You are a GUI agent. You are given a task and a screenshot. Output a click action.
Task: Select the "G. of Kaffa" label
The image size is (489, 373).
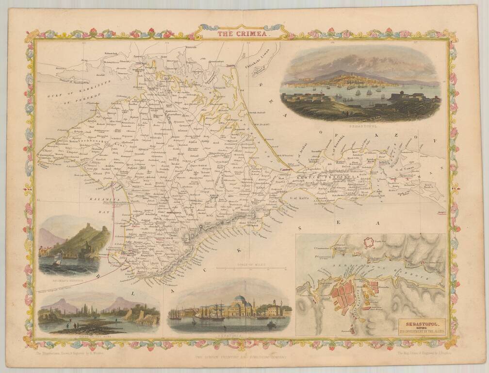(300, 197)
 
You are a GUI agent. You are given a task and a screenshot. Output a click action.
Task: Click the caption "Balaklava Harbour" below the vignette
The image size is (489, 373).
(68, 280)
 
